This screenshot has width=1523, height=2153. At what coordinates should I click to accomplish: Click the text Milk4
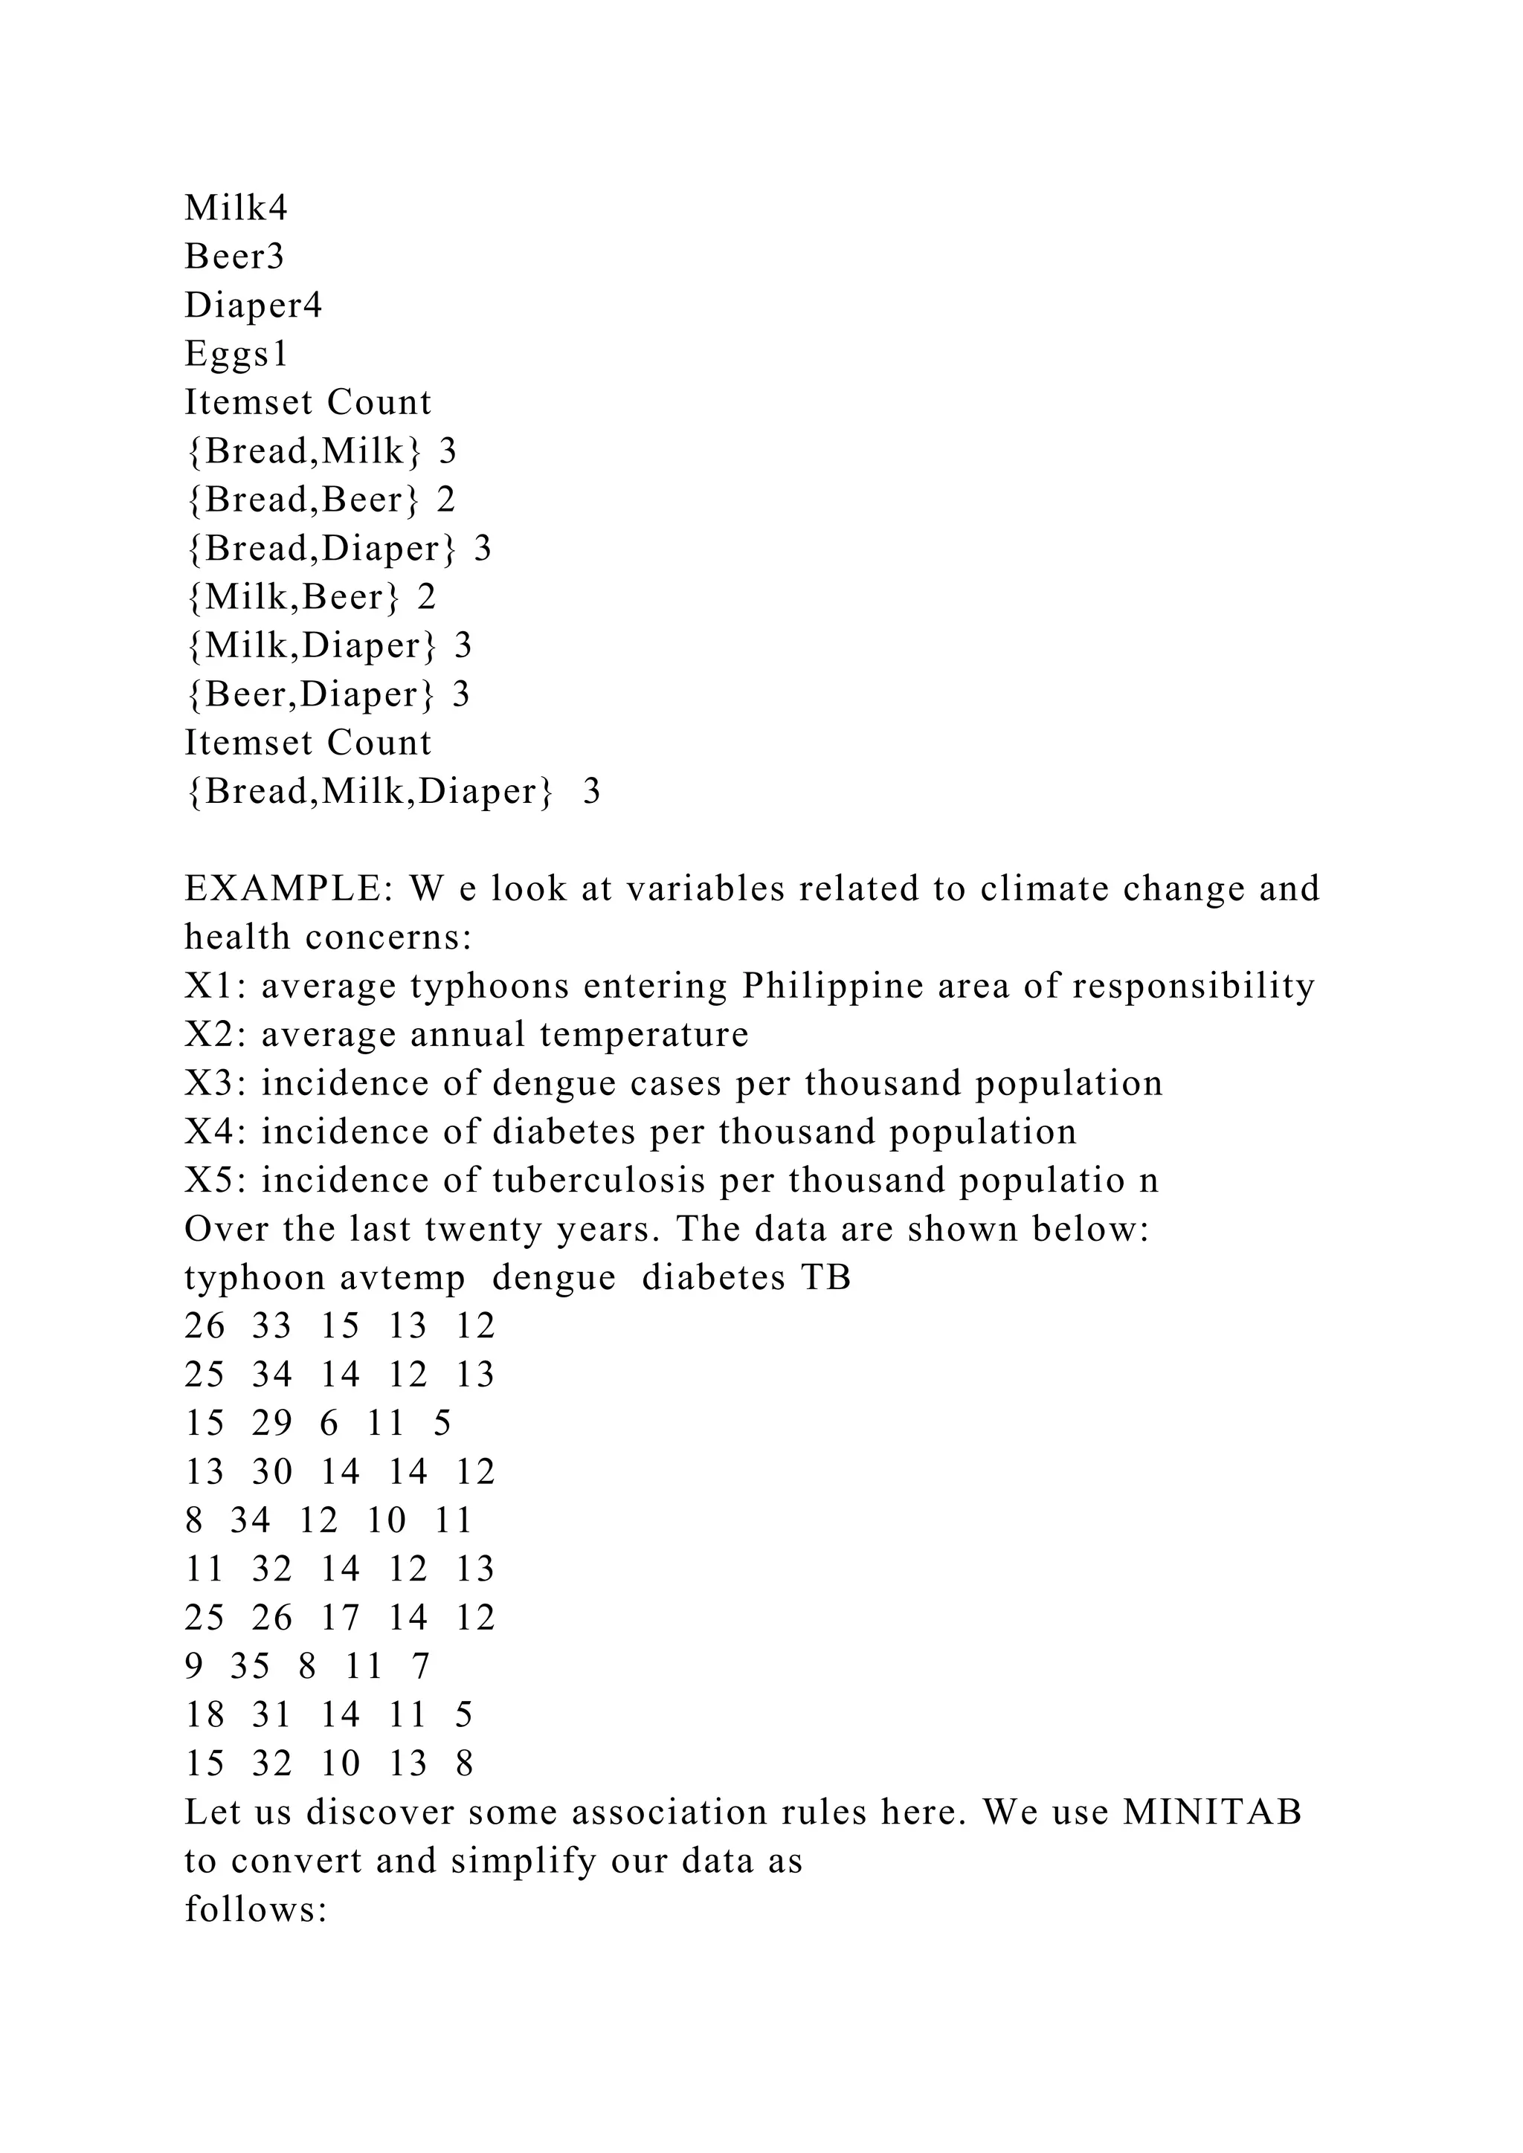236,208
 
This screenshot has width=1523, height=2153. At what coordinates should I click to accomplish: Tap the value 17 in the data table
340,1618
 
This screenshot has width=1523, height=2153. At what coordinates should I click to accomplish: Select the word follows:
255,1909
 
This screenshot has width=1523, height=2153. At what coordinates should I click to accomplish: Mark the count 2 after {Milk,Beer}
427,597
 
